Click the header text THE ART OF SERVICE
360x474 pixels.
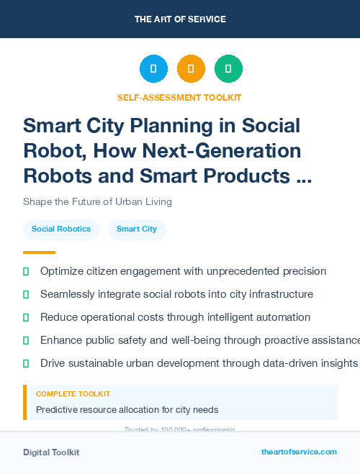click(180, 19)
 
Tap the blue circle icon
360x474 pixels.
click(153, 69)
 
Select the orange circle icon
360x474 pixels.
click(191, 69)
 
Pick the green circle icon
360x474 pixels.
click(228, 69)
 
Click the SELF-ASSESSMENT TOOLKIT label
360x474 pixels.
click(180, 97)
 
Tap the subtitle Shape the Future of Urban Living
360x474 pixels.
click(97, 201)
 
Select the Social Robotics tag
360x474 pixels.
click(61, 229)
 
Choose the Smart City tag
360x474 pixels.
click(137, 229)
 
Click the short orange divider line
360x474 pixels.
click(39, 252)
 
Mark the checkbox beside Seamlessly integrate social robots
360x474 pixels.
click(26, 294)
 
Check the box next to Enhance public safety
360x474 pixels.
click(26, 340)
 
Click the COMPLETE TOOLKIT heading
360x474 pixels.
click(73, 394)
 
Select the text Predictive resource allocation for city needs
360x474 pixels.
click(127, 410)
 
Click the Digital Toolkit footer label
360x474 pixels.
click(51, 452)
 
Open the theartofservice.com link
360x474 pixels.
click(299, 452)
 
